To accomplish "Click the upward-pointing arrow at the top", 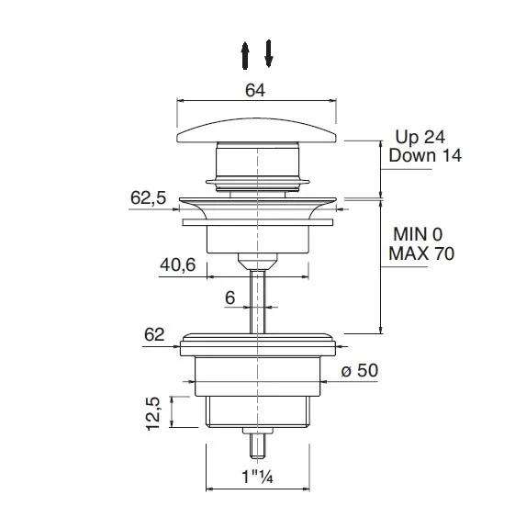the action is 244,55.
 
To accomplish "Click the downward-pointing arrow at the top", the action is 269,53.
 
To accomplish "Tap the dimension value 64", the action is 255,90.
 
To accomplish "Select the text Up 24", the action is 420,137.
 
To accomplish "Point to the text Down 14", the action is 425,155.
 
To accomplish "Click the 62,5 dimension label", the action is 148,198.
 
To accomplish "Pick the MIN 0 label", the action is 418,234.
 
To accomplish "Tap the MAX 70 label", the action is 421,253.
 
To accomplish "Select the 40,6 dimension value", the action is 178,264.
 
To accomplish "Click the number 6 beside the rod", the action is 230,298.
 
